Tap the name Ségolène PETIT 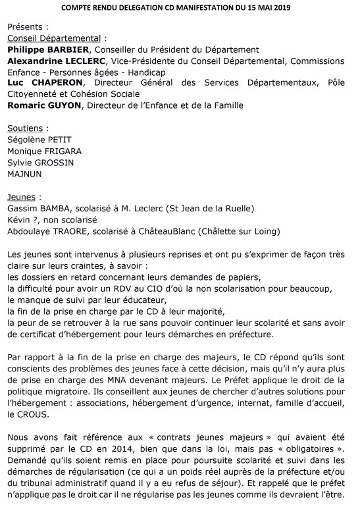point(39,139)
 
